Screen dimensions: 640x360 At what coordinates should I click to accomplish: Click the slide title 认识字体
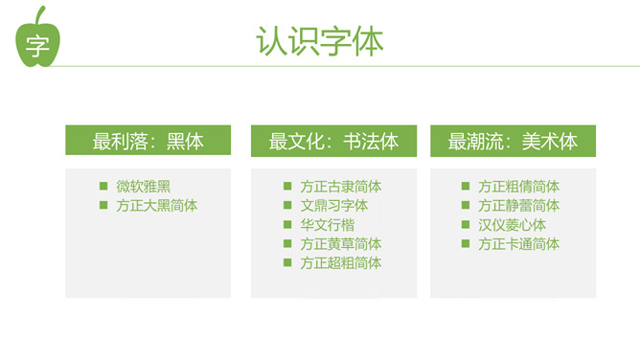320,41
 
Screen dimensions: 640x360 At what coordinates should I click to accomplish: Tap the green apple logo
37,37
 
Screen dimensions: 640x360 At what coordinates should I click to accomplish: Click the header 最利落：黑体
148,141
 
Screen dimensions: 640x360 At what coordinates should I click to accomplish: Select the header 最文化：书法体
333,142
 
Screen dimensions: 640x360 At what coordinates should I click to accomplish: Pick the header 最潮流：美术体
513,142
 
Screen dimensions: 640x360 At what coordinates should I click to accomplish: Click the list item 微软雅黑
144,187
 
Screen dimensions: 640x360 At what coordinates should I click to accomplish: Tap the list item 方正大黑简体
157,206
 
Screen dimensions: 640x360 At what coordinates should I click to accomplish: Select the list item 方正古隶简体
341,187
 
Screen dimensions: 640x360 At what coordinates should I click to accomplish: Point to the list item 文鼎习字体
333,206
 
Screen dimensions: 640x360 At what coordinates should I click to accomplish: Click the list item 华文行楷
328,225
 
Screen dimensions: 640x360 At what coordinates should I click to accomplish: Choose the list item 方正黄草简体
341,244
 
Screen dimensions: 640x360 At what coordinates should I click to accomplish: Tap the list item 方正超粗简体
341,263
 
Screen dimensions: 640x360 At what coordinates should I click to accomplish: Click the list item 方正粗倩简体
518,187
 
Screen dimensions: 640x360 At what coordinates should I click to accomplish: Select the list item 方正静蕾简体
518,206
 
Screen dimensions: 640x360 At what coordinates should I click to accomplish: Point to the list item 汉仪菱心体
512,225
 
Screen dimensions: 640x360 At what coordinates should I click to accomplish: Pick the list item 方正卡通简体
518,244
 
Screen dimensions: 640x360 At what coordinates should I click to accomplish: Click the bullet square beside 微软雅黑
103,186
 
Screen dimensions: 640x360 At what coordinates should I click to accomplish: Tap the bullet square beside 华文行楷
287,224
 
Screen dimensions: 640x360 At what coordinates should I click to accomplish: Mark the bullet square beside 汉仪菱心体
466,224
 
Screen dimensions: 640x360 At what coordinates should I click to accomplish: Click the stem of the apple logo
39,15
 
